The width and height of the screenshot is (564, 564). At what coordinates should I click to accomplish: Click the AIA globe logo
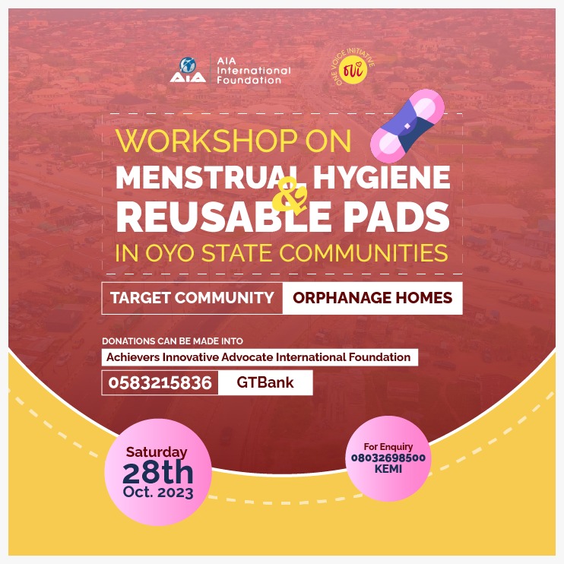tap(187, 69)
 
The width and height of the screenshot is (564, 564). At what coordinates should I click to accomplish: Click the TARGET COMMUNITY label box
tap(192, 298)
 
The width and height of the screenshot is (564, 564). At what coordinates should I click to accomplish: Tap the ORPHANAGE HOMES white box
tap(372, 298)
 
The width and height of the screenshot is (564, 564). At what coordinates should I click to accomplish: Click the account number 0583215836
tap(160, 383)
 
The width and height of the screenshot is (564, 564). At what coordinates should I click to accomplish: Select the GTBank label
tap(265, 383)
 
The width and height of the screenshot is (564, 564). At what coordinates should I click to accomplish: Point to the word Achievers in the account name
tap(135, 357)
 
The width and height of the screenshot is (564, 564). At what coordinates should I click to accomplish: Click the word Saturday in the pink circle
tap(157, 452)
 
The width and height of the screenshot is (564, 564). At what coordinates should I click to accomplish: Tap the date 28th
tap(157, 473)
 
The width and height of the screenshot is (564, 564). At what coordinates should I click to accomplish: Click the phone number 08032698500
tap(388, 458)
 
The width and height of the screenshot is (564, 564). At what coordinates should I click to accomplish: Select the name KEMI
tap(388, 469)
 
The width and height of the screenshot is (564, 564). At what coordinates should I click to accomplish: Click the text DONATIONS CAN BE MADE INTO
tap(173, 341)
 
